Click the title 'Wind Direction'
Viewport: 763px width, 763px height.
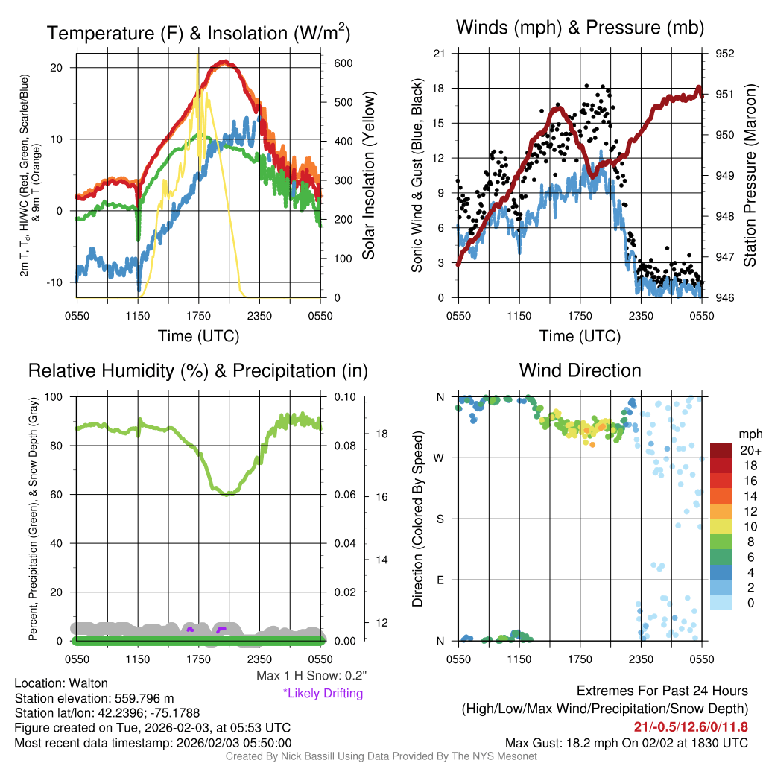580,370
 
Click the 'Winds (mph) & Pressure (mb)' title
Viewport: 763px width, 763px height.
580,28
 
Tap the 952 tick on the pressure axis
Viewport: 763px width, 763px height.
725,54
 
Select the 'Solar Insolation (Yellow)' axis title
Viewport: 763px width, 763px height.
369,176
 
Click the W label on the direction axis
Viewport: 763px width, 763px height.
440,458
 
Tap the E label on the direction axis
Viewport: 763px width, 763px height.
440,580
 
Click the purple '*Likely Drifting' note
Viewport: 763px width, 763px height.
323,694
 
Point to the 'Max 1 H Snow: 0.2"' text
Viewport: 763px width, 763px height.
311,676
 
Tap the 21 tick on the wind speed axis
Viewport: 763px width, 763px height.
440,54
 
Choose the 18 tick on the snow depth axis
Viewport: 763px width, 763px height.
379,433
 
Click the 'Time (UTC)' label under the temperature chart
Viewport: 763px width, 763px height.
198,336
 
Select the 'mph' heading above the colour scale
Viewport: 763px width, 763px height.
748,434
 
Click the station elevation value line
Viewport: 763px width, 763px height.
94,698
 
